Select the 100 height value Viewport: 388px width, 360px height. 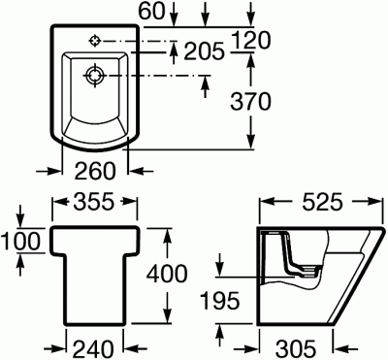click(x=17, y=240)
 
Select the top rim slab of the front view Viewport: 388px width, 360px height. click(x=94, y=241)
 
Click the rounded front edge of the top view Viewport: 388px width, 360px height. click(x=95, y=151)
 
